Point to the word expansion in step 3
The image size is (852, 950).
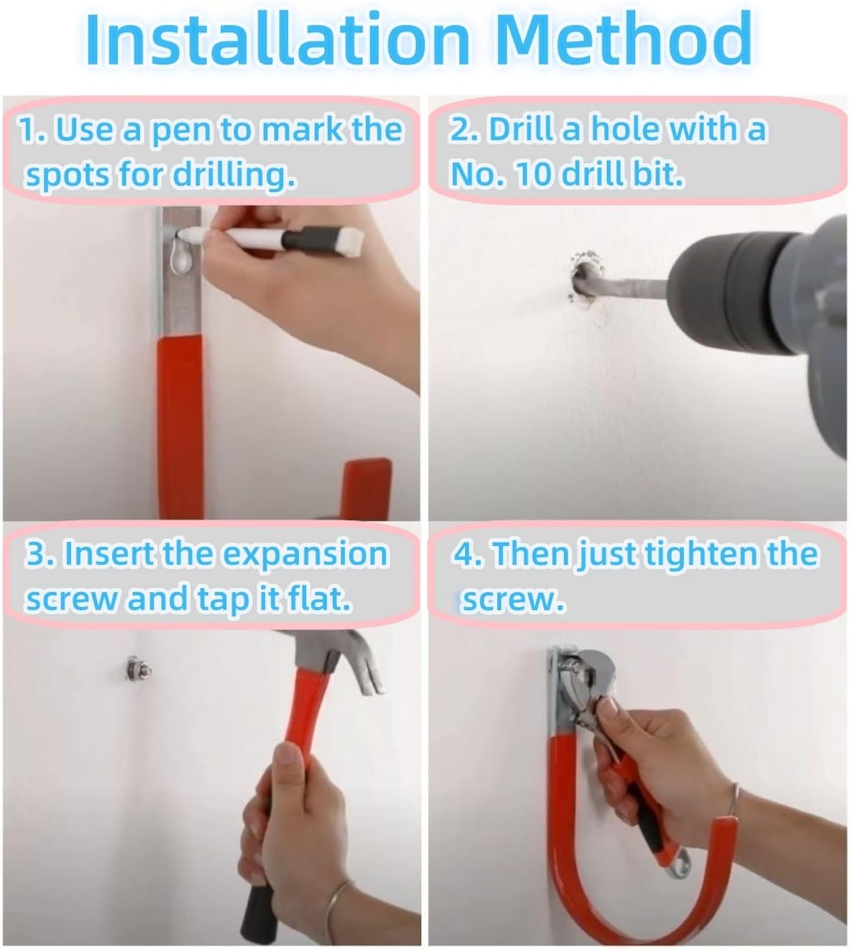[304, 555]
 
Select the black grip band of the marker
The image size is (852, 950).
[301, 240]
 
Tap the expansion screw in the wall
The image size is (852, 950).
[135, 669]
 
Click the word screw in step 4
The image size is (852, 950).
[513, 600]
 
